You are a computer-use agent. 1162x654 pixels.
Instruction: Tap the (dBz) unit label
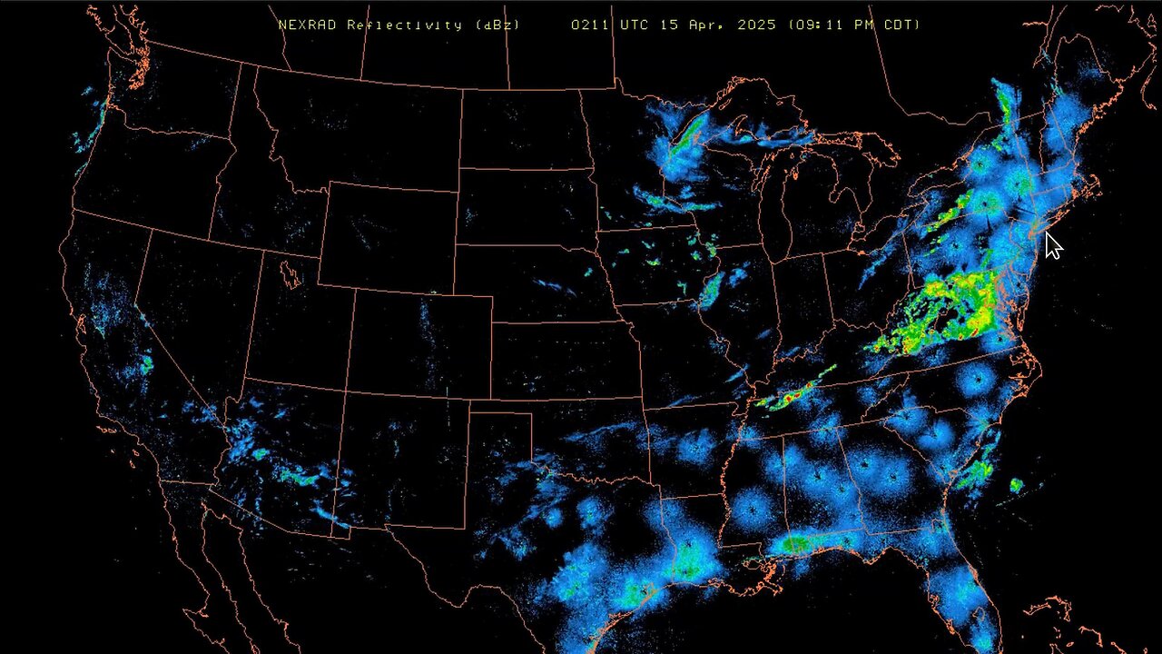point(497,25)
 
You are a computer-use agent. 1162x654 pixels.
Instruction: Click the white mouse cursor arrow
point(1052,245)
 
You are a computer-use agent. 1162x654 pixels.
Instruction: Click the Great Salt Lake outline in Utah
point(290,272)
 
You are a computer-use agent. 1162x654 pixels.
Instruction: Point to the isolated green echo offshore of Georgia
point(1016,486)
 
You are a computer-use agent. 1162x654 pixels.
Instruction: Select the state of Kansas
point(563,359)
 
